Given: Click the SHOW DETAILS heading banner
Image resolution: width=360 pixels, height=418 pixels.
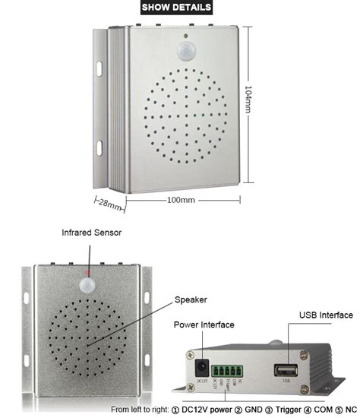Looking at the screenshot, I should [x=180, y=8].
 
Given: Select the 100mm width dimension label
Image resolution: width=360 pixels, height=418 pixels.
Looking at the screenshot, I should [x=181, y=200].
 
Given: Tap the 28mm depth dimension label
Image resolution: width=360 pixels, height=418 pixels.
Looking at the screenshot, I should [x=109, y=205].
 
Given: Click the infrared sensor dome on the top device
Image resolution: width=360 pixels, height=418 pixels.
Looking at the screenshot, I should [x=185, y=52].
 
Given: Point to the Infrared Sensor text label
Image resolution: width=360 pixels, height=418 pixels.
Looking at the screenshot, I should [x=91, y=232].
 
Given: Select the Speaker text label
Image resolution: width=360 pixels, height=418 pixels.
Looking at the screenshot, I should [x=191, y=299].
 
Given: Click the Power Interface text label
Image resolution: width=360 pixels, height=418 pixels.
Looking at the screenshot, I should [x=204, y=325].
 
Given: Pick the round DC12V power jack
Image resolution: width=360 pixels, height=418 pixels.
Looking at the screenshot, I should [x=204, y=356].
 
